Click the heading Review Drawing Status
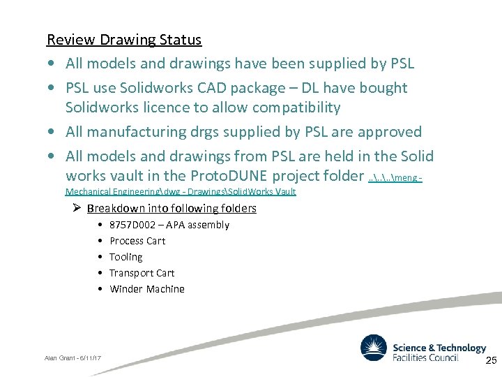point(123,40)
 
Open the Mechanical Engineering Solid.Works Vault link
point(181,191)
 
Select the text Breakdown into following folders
point(172,209)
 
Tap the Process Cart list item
point(137,241)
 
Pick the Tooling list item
point(125,257)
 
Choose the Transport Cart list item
point(142,273)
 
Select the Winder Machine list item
point(146,289)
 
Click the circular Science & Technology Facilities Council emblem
point(373,348)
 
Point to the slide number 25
point(489,360)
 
